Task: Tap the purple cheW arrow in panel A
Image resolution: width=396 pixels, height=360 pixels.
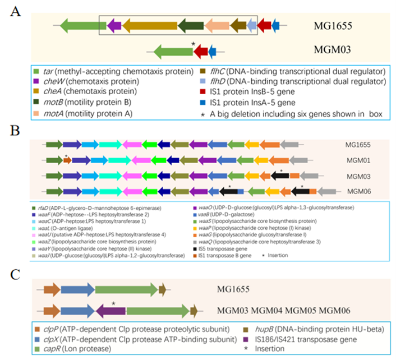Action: click(x=114, y=24)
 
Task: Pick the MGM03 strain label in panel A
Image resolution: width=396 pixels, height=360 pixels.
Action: click(x=333, y=50)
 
